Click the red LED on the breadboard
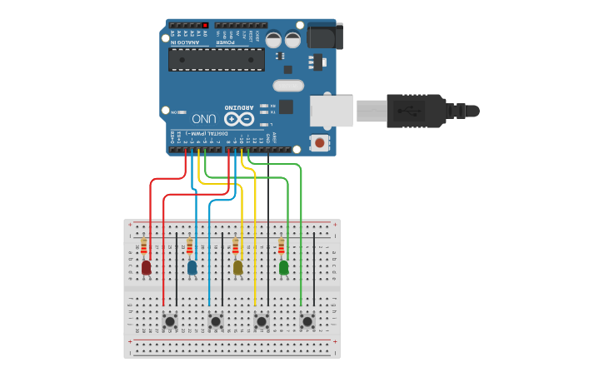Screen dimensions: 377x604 147,268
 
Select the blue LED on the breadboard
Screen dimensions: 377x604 192,268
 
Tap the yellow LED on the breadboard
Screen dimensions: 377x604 238,268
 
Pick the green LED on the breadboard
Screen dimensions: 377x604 284,268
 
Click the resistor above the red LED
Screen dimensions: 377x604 146,247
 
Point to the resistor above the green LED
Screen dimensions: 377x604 282,247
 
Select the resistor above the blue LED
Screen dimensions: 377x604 191,247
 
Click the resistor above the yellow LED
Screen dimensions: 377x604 237,247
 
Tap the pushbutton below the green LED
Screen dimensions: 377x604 307,321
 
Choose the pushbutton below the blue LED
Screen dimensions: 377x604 216,321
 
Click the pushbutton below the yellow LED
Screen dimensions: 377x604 262,321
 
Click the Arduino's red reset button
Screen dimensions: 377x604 319,143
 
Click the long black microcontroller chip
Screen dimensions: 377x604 217,58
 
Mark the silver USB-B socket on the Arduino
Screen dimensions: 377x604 332,111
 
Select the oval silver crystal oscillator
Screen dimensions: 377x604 288,85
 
